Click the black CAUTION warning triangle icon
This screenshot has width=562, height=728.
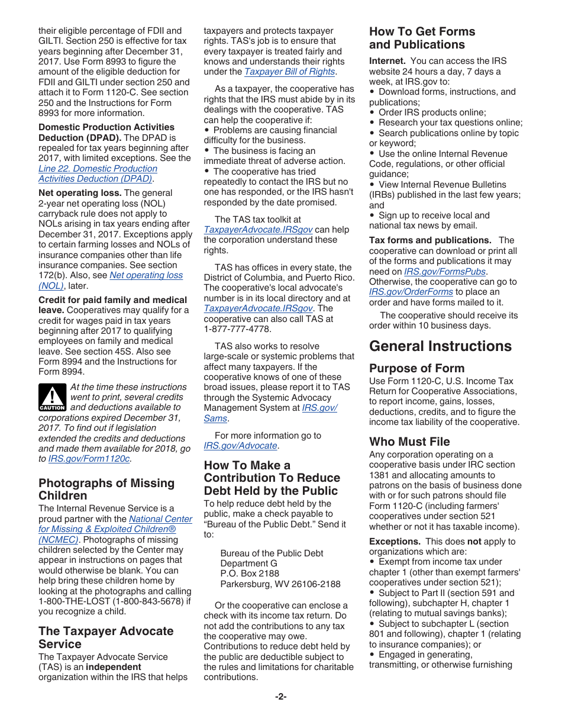click(52, 398)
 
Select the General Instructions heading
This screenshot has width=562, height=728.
click(440, 346)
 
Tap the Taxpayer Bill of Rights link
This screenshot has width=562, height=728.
click(289, 72)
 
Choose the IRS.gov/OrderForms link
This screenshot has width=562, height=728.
click(411, 292)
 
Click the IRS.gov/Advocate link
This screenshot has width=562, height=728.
click(240, 446)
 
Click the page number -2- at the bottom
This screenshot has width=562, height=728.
click(280, 697)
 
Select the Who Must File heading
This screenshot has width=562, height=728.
click(409, 442)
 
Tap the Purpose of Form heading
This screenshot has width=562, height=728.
click(416, 368)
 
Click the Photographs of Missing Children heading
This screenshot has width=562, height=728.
click(106, 489)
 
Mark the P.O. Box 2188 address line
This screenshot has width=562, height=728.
click(250, 574)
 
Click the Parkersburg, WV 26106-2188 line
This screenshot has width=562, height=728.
click(280, 584)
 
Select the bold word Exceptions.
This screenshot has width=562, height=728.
click(395, 542)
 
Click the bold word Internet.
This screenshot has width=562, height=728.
click(387, 61)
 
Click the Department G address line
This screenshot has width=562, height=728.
click(248, 563)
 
